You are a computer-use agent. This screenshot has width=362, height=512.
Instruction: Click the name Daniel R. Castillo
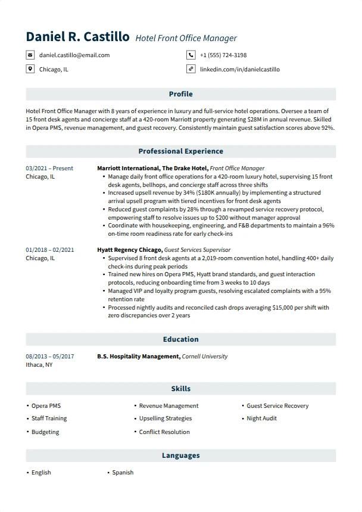(77, 37)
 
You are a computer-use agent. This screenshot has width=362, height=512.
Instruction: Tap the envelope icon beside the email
(30, 55)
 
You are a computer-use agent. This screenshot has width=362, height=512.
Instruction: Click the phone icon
(191, 55)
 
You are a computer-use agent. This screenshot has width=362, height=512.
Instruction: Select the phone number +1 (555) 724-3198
(223, 55)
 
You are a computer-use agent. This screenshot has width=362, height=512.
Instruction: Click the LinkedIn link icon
(191, 69)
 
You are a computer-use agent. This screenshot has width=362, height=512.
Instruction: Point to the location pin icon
(30, 69)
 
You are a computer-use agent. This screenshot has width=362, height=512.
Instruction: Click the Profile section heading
(180, 94)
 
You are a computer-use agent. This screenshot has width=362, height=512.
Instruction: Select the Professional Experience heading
(180, 151)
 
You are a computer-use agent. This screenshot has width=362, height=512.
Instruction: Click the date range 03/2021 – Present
(49, 168)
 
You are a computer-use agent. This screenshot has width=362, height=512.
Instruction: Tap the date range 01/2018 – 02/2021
(50, 250)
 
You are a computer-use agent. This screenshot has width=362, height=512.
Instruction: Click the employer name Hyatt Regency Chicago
(129, 250)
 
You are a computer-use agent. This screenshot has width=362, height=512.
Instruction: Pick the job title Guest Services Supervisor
(197, 250)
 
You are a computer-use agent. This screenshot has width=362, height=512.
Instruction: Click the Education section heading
(180, 339)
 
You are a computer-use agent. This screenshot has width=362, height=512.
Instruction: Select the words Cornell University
(205, 357)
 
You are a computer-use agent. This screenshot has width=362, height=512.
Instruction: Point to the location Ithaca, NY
(39, 364)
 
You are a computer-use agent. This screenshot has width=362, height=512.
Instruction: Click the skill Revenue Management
(168, 406)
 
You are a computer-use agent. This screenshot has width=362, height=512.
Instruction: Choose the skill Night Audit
(261, 419)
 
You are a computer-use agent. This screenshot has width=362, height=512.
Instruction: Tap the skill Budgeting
(45, 432)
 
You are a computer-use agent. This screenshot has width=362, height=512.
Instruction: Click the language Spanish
(123, 473)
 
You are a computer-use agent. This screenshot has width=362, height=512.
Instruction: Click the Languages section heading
(180, 455)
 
